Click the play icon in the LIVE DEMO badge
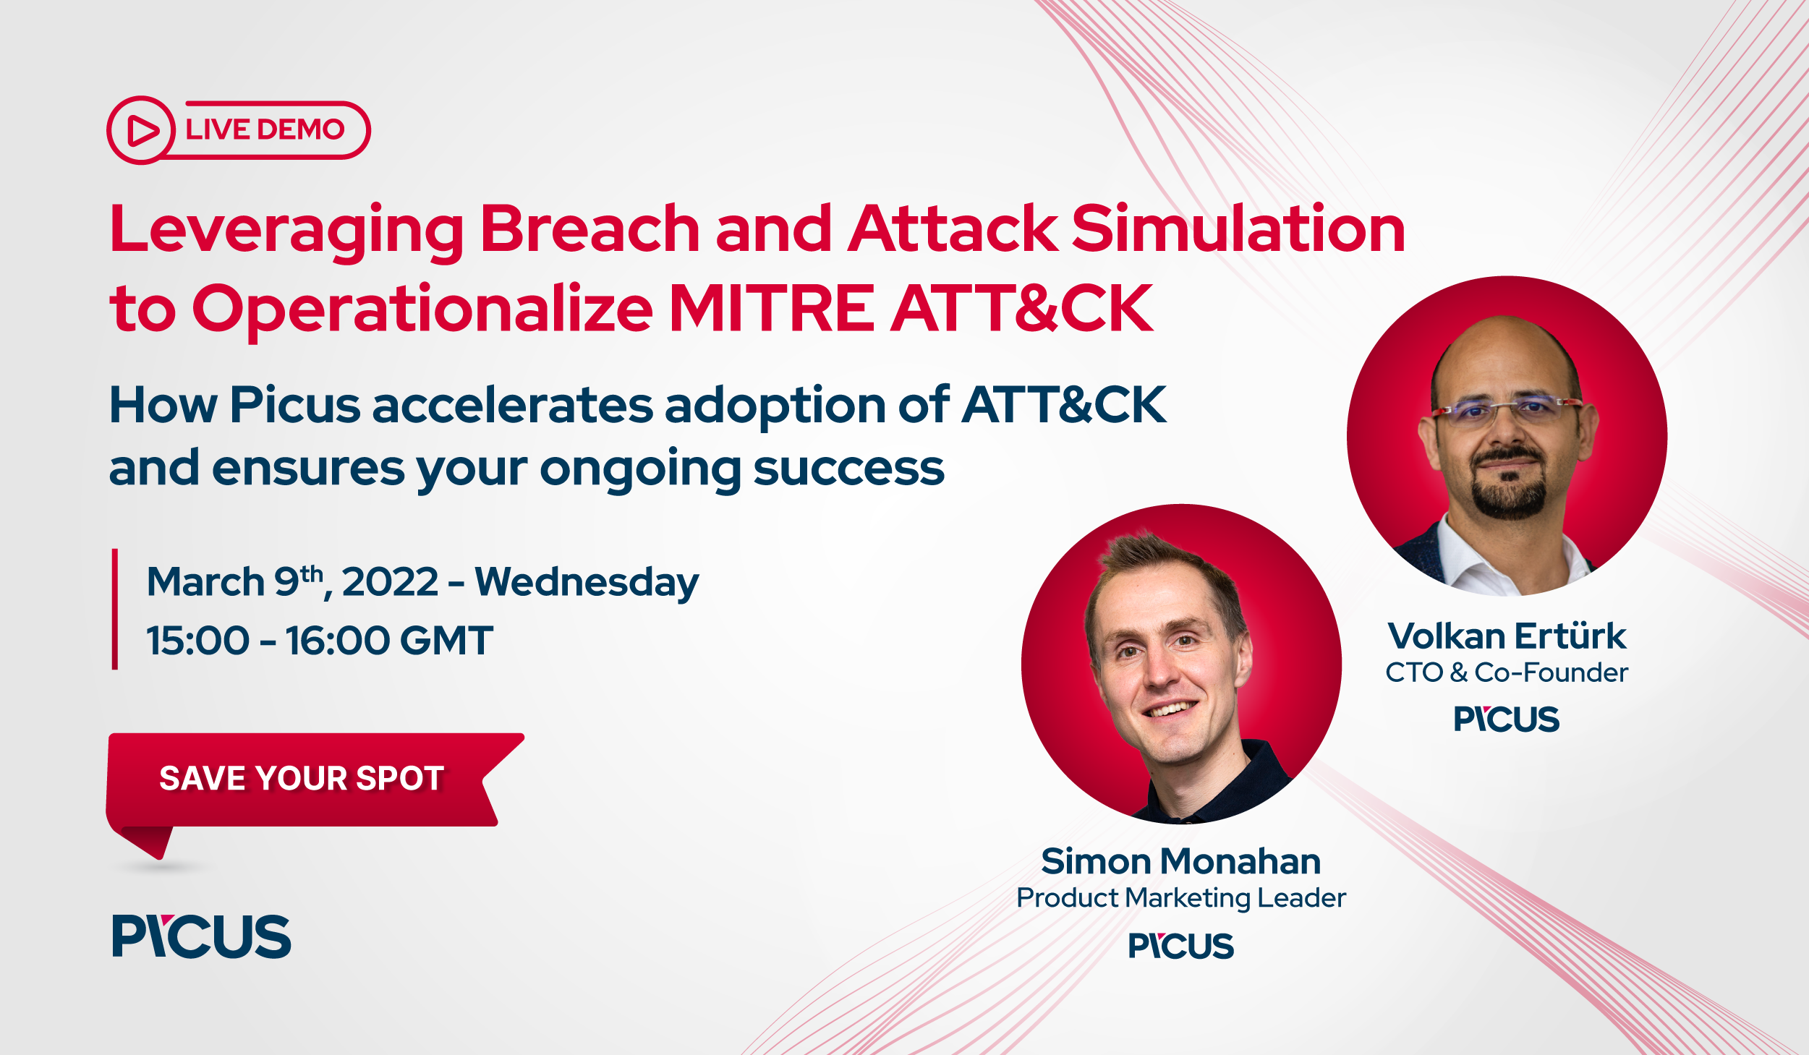coord(142,131)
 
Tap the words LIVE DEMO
coord(265,130)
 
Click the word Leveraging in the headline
coord(286,230)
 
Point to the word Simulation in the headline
coord(1238,229)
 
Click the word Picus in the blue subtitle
coord(294,405)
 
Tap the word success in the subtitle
coord(848,469)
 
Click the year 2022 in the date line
coord(390,582)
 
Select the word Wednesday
coord(587,583)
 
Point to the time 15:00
coord(197,641)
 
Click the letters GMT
coord(446,641)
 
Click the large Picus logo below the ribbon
coord(201,936)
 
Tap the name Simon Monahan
coord(1180,861)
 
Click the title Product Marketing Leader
coord(1180,898)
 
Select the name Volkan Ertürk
coord(1507,636)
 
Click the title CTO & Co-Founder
coord(1507,672)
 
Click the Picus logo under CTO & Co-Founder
coord(1507,719)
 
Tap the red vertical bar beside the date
coord(115,609)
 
